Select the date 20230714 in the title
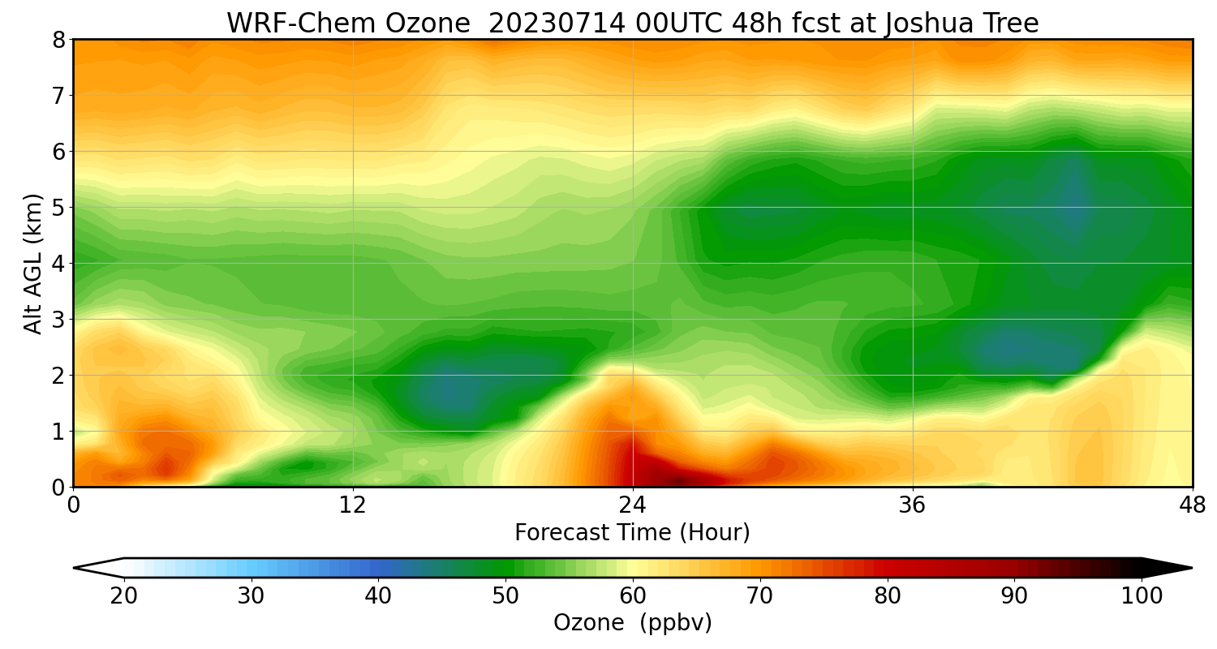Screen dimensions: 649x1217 pyautogui.click(x=557, y=24)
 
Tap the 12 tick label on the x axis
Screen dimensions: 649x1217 pyautogui.click(x=353, y=505)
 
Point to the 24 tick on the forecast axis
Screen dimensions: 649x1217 pyautogui.click(x=633, y=505)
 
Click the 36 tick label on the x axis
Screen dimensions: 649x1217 pyautogui.click(x=913, y=505)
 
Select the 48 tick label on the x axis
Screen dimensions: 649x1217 pyautogui.click(x=1192, y=505)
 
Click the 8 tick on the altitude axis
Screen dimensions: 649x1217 pyautogui.click(x=59, y=39)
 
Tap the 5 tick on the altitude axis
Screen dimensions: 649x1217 pyautogui.click(x=59, y=207)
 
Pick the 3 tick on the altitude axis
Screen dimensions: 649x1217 pyautogui.click(x=59, y=319)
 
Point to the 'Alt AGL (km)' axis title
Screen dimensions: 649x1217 pyautogui.click(x=33, y=263)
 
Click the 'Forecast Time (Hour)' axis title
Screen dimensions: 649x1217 pyautogui.click(x=632, y=533)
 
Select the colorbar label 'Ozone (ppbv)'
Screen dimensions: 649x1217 pyautogui.click(x=632, y=623)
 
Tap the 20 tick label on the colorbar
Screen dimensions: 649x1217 pyautogui.click(x=124, y=596)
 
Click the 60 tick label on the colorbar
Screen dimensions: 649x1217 pyautogui.click(x=633, y=596)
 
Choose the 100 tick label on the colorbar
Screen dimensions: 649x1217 pyautogui.click(x=1142, y=596)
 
